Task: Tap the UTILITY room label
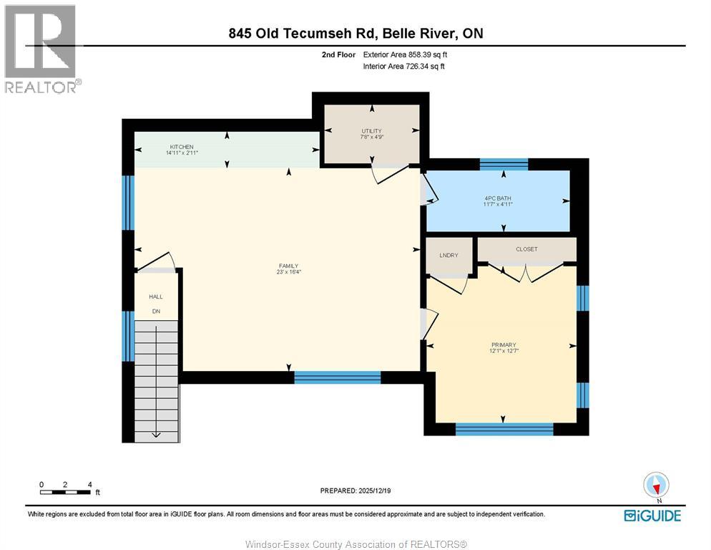(372, 130)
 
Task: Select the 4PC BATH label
(498, 198)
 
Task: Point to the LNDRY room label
(448, 256)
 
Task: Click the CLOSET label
(526, 249)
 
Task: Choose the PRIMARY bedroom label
(504, 344)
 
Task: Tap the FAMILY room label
(288, 266)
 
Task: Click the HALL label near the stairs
(155, 296)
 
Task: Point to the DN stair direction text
(155, 312)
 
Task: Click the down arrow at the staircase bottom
(156, 433)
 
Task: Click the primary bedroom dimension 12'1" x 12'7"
(504, 351)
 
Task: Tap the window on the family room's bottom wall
(337, 377)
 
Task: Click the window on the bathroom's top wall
(504, 164)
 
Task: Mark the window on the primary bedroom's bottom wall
(504, 429)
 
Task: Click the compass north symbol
(656, 486)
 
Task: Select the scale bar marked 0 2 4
(65, 491)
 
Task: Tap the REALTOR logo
(41, 49)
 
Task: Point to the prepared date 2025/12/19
(355, 491)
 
